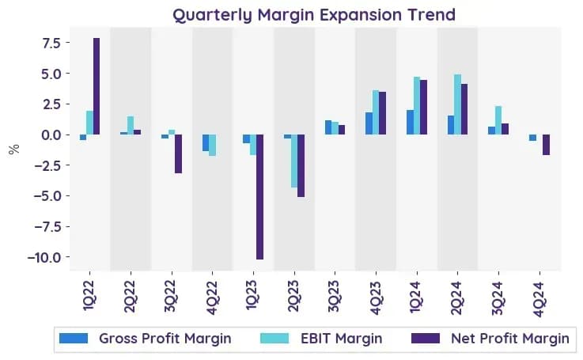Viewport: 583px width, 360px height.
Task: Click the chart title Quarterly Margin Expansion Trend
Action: click(x=314, y=15)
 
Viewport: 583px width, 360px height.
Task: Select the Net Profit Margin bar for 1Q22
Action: click(x=97, y=86)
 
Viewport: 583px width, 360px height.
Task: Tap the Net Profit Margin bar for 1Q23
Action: click(x=259, y=197)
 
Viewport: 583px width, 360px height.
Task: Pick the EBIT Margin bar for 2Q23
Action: click(x=294, y=161)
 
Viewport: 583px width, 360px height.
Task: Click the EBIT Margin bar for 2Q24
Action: click(x=457, y=104)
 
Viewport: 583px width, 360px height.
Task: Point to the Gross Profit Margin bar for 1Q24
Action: click(x=410, y=123)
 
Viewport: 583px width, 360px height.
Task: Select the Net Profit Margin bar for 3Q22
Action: click(x=179, y=153)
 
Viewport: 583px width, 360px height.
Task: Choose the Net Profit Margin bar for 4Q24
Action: click(x=546, y=145)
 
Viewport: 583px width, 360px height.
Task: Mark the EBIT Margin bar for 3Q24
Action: click(x=498, y=120)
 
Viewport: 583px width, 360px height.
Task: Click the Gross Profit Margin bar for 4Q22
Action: click(x=205, y=142)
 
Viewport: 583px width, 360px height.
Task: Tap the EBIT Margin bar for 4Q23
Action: click(x=376, y=112)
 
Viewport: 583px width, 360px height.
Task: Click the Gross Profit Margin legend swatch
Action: click(x=74, y=338)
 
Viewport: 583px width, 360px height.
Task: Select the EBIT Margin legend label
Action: click(x=341, y=339)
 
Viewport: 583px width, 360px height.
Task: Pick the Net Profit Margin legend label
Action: click(x=510, y=339)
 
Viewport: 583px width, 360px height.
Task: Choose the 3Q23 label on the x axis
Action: click(x=334, y=297)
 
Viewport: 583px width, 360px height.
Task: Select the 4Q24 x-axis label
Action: click(x=538, y=298)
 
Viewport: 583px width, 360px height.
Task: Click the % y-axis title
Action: click(x=14, y=149)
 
